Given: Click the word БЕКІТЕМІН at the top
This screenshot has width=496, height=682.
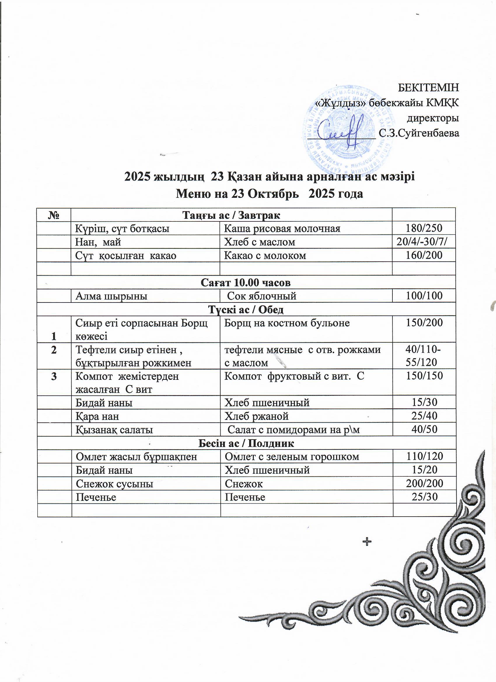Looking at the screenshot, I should pos(428,88).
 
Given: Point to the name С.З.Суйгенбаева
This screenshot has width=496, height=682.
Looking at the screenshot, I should pos(419,133).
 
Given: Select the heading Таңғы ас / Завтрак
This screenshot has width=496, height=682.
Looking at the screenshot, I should pos(231,215).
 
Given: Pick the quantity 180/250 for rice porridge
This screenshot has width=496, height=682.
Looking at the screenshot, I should pos(424,228).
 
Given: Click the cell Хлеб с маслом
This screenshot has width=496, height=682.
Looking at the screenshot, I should pos(260,242).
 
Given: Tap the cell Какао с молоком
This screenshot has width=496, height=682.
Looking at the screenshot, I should pos(265,255).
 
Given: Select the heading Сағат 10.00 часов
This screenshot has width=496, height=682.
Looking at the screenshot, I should pos(245,282).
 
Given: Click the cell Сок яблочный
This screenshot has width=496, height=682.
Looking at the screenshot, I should pos(262,296).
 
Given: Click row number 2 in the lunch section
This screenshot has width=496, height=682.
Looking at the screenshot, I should pos(54,350).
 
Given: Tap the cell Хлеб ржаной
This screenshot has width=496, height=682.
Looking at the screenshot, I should pos(256,416).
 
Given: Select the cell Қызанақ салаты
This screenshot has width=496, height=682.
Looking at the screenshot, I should pos(114,430).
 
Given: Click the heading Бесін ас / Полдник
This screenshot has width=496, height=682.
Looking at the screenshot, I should pos(246,443).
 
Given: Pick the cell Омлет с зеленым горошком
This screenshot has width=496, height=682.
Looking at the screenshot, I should pos(292,457).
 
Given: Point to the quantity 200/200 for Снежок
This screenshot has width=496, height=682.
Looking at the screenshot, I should pos(424,483).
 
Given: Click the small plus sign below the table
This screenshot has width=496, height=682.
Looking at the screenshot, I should pos(367,550).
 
